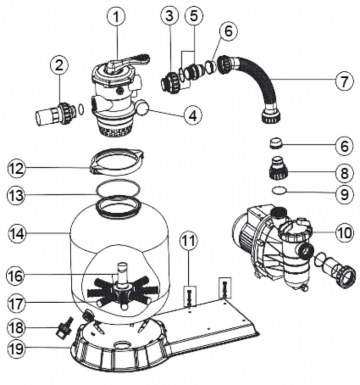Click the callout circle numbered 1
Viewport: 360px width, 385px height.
tap(116, 18)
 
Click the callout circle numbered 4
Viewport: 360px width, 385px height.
tap(193, 116)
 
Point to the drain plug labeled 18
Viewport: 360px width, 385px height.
tap(63, 330)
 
